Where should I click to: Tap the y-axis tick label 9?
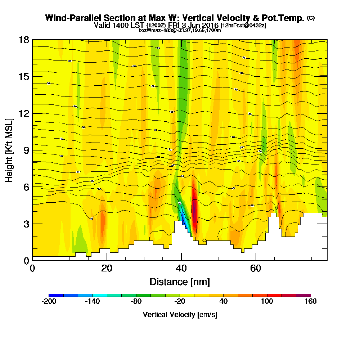click(x=26, y=150)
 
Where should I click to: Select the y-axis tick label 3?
click(x=26, y=224)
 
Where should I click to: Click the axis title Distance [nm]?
click(x=180, y=282)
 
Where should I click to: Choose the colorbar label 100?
click(x=267, y=302)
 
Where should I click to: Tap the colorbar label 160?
click(x=310, y=302)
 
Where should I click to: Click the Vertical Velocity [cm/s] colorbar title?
click(x=180, y=315)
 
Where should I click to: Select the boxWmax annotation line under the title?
click(x=180, y=30)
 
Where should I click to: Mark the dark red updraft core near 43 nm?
click(x=195, y=212)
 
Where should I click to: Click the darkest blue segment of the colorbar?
click(x=56, y=295)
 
